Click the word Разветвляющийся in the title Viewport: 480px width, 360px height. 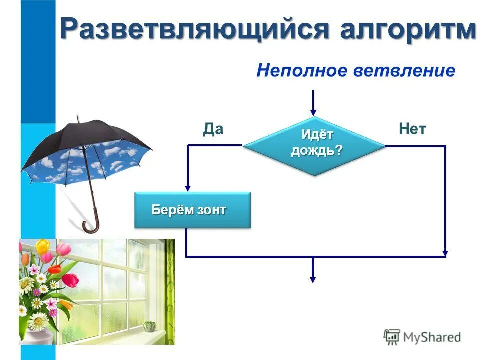[x=195, y=29]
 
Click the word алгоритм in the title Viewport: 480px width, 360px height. [x=408, y=29]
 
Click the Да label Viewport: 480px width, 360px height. [x=213, y=129]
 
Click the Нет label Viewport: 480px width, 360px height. [x=412, y=129]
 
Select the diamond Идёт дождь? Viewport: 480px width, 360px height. [x=314, y=145]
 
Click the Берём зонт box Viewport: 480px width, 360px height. [x=192, y=210]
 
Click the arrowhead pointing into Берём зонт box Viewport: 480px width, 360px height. [x=187, y=187]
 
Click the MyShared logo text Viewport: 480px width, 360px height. [x=432, y=337]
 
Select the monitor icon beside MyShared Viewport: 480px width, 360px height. [x=392, y=337]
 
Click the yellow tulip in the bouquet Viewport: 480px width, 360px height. [x=43, y=246]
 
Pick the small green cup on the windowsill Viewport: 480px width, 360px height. [x=149, y=326]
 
